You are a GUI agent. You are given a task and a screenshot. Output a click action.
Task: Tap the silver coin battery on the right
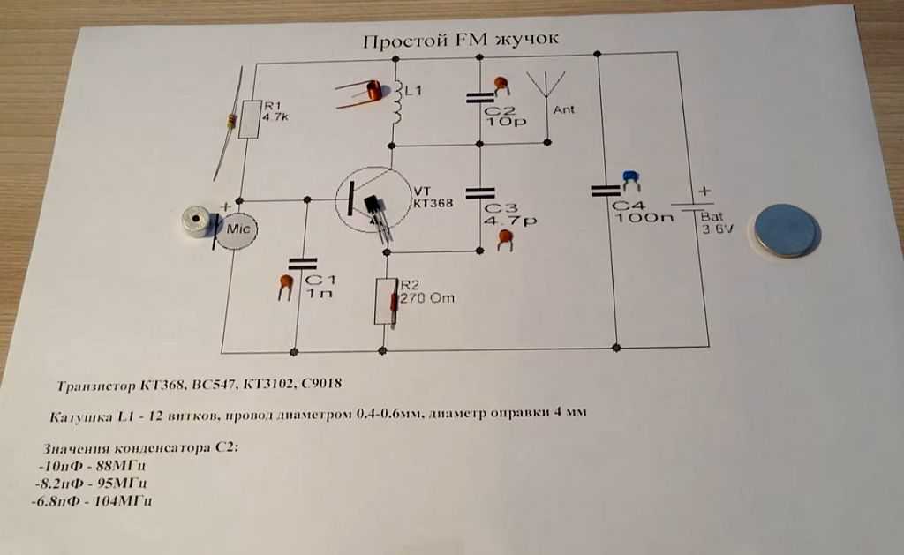click(786, 230)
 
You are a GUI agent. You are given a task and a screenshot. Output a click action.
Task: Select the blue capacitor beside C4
click(630, 181)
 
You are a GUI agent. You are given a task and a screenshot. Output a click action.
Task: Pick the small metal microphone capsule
click(192, 224)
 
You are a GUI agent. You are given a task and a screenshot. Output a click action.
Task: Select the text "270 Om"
click(427, 297)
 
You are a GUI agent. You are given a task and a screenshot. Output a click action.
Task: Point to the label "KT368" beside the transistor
click(432, 203)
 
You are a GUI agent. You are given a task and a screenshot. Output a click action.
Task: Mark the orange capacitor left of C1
click(285, 285)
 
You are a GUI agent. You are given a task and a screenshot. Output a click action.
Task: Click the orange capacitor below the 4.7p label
click(506, 239)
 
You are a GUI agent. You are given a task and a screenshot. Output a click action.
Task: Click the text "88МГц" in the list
click(120, 465)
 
